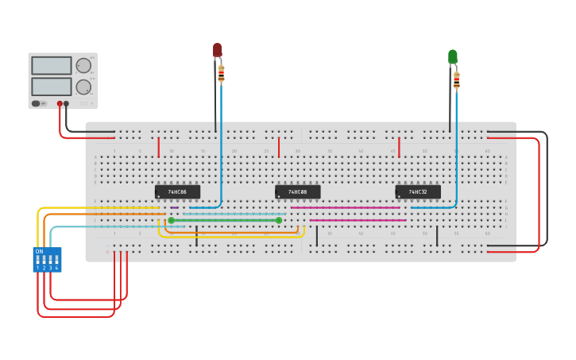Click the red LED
click(x=217, y=50)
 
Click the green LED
click(x=453, y=56)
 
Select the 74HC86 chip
click(x=177, y=192)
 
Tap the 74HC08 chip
click(x=298, y=192)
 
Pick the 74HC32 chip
click(x=418, y=192)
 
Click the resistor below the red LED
click(x=222, y=75)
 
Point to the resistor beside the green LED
click(x=457, y=79)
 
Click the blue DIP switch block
click(x=47, y=260)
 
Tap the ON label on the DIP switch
click(x=38, y=251)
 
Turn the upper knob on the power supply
click(x=83, y=66)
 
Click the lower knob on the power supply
click(x=83, y=87)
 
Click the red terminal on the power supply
click(x=60, y=103)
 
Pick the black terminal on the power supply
click(x=67, y=103)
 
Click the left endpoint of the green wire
click(x=171, y=220)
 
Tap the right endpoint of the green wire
click(x=279, y=220)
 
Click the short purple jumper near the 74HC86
click(x=174, y=207)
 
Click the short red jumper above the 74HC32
click(x=399, y=148)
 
